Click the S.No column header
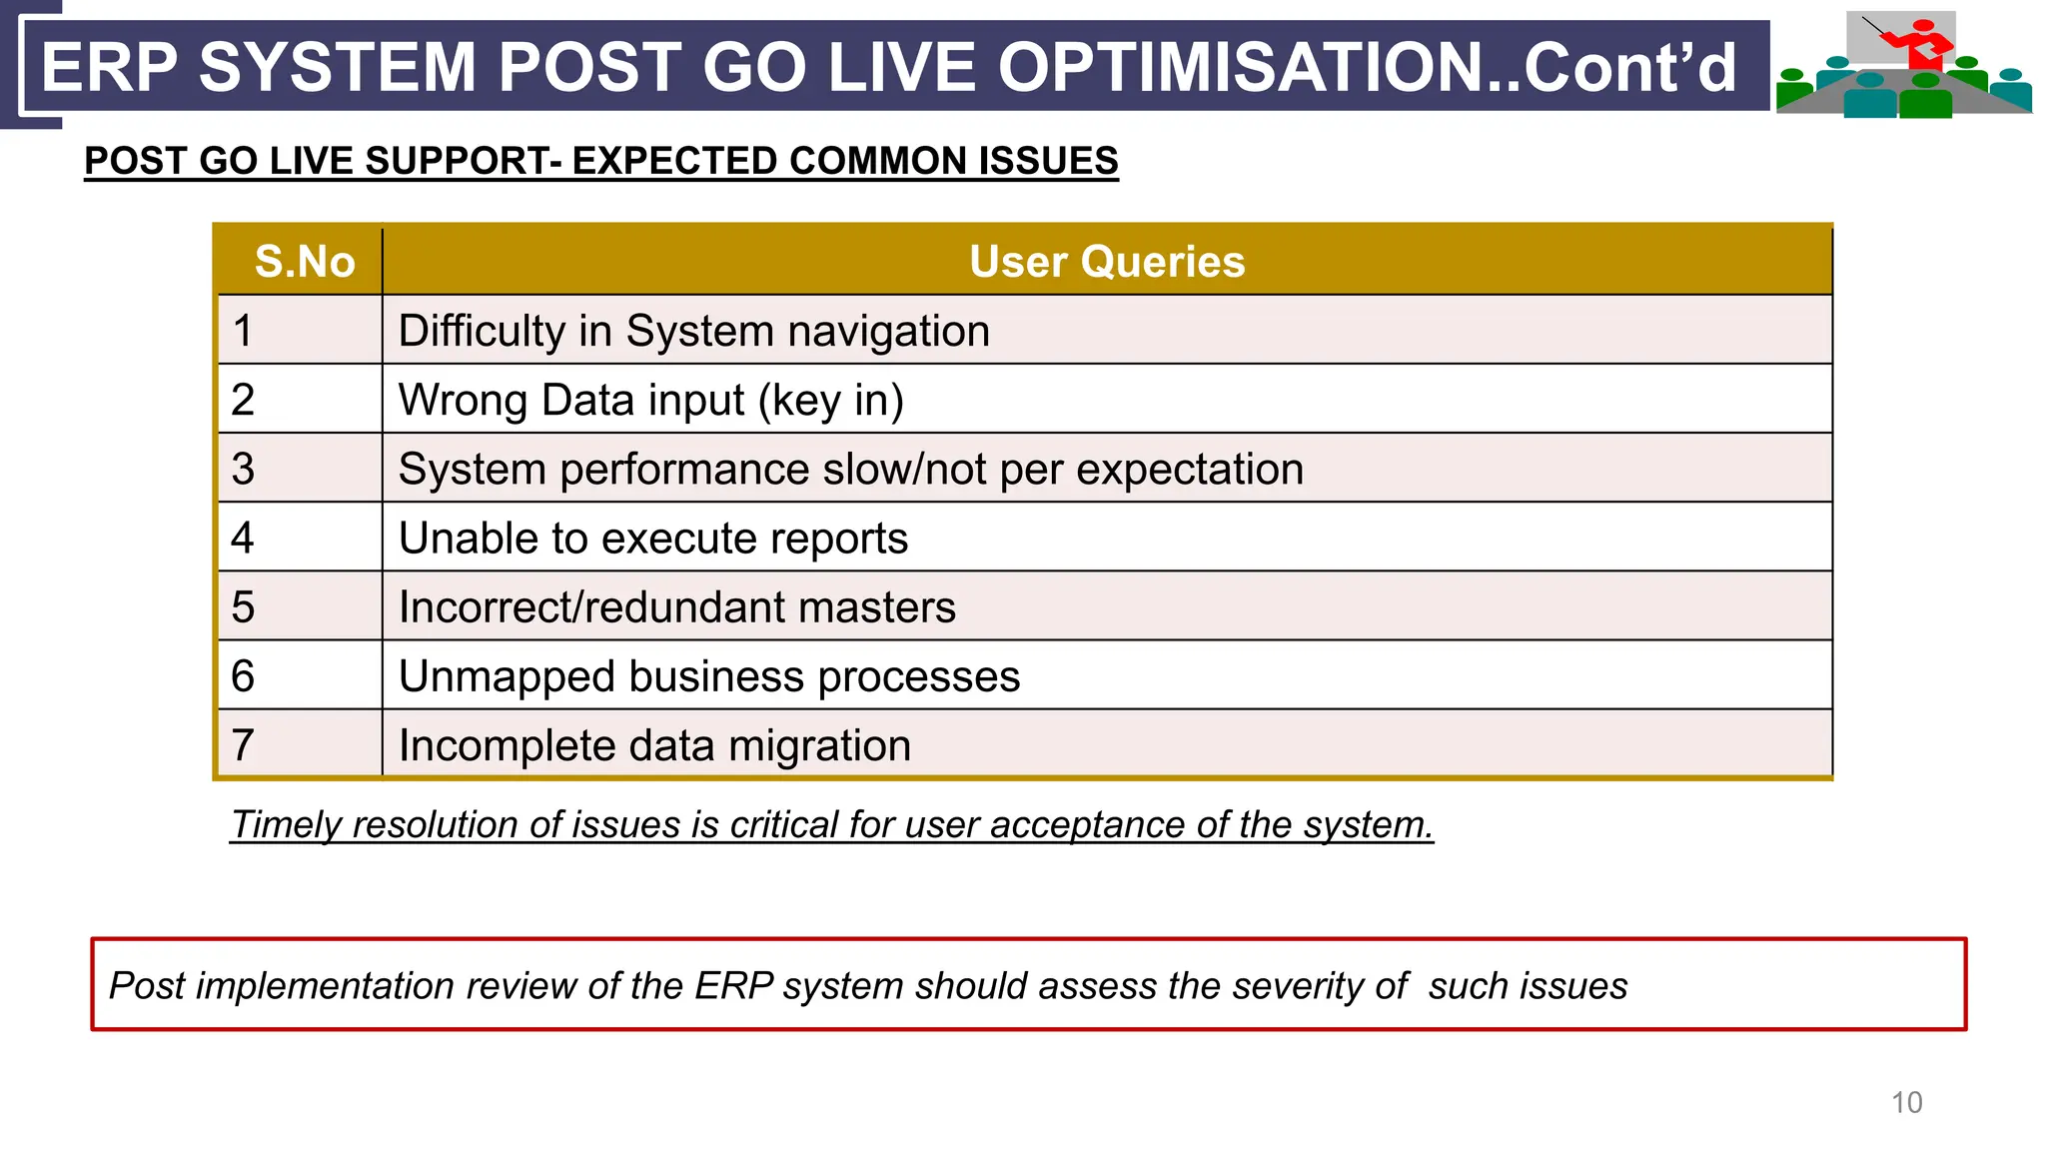(x=304, y=262)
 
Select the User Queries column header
(x=1106, y=262)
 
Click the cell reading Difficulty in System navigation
(x=693, y=331)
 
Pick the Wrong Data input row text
(x=650, y=400)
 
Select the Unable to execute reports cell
(x=652, y=538)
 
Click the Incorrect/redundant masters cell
(x=676, y=606)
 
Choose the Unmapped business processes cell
(x=708, y=676)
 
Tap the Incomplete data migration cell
(x=654, y=745)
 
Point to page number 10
(x=1906, y=1102)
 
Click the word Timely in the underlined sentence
(x=287, y=824)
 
